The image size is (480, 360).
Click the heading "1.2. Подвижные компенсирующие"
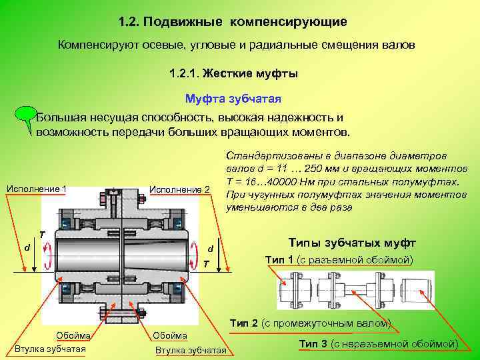pos(233,22)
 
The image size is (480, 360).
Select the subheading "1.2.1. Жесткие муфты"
pos(233,74)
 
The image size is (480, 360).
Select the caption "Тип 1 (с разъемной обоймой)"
pos(339,259)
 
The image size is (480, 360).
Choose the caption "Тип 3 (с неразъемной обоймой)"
pos(378,343)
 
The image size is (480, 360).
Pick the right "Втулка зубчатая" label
pos(191,351)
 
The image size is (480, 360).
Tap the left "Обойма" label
pos(73,335)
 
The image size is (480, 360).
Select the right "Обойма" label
pos(170,335)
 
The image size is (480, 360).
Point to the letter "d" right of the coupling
pos(211,249)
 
